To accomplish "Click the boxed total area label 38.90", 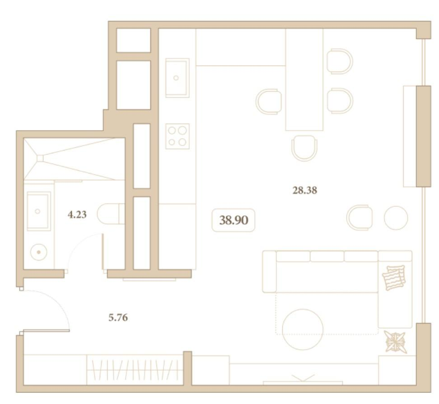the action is [234, 220].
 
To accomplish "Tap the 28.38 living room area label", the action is [304, 191].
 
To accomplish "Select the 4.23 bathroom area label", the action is [77, 215].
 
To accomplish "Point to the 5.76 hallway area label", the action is [118, 318].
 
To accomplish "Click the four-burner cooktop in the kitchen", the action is [177, 136].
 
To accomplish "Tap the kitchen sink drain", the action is [176, 78].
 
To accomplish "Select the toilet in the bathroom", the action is [111, 214].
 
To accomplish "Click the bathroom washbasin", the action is [39, 211].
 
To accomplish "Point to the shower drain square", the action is [40, 159].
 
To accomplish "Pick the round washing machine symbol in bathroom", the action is [39, 252].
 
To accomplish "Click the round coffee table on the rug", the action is [303, 329].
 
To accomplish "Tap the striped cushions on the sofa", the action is [394, 277].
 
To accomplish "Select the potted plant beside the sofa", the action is [395, 342].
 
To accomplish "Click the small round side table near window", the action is [396, 218].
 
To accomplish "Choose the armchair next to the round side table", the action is [360, 218].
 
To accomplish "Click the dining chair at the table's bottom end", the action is [304, 148].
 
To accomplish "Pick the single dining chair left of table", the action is [268, 102].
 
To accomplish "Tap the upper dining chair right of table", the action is [340, 61].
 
